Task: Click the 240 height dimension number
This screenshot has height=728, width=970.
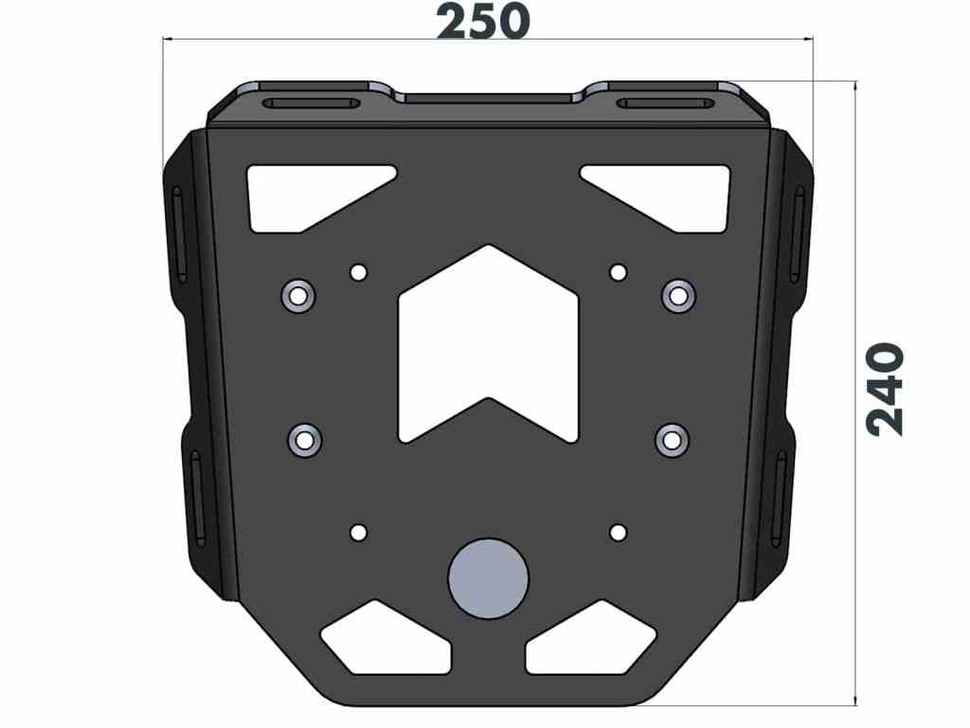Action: click(x=888, y=390)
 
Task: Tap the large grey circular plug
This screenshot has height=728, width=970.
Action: click(x=488, y=578)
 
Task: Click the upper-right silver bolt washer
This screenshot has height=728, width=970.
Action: click(x=678, y=296)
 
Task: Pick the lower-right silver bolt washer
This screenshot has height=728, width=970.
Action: click(x=672, y=440)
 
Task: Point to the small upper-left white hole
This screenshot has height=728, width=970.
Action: click(x=358, y=273)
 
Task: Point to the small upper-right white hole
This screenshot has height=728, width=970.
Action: click(x=618, y=273)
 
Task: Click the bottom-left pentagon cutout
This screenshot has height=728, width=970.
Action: click(x=386, y=641)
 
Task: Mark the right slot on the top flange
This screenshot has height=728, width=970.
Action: click(x=663, y=103)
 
